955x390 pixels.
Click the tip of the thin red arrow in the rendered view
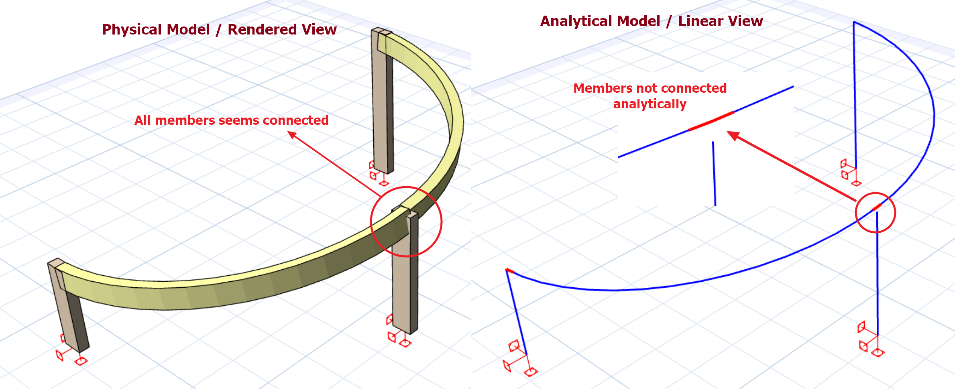click(288, 132)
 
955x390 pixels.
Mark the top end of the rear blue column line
click(854, 22)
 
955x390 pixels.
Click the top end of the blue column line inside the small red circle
click(877, 212)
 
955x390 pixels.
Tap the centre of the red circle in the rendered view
click(406, 221)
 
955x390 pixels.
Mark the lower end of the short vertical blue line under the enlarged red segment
click(715, 206)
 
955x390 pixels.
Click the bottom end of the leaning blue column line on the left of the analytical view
click(527, 355)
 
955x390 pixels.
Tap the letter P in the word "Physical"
click(106, 30)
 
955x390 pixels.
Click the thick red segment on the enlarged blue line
click(711, 121)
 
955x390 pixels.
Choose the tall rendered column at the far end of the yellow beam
click(382, 100)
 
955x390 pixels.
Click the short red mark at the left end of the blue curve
click(510, 271)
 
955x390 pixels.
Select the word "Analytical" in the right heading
click(600, 21)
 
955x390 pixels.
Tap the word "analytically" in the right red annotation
click(650, 104)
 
